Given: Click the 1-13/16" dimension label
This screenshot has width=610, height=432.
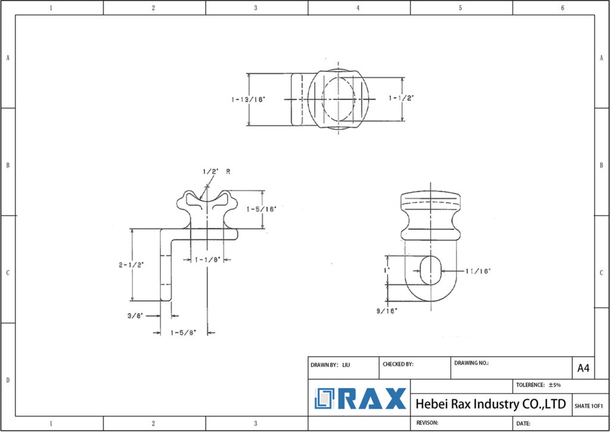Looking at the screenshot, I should click(248, 100).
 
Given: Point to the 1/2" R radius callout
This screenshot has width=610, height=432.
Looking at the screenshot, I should click(216, 171).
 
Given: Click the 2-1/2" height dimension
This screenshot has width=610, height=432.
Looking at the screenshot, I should click(131, 265).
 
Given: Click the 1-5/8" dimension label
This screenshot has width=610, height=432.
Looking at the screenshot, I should click(182, 332).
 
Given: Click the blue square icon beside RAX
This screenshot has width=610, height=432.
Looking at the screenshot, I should click(326, 399).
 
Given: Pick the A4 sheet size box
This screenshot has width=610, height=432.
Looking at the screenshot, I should click(583, 368).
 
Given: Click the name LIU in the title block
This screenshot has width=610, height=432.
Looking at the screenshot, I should click(346, 364).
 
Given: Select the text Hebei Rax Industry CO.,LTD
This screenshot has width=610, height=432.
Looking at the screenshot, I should click(490, 405).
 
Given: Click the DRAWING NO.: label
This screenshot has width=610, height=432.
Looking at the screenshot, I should click(471, 363).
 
